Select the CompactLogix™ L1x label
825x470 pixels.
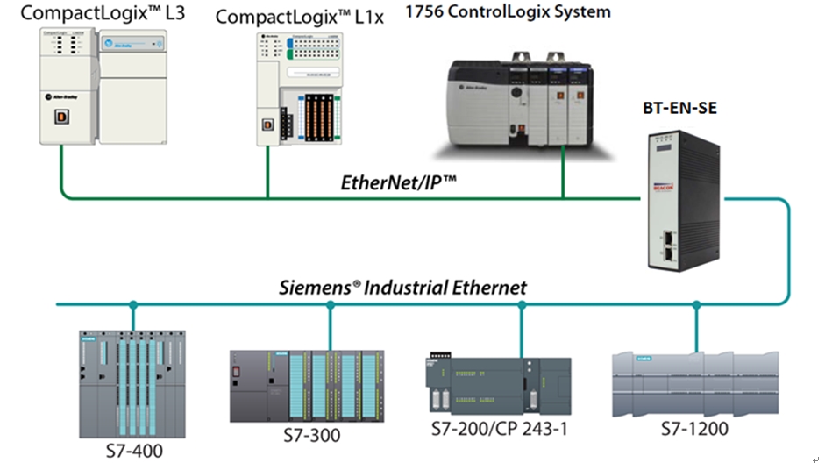coord(300,17)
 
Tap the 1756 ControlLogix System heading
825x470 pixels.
coord(508,11)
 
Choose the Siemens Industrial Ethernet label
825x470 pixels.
coord(402,287)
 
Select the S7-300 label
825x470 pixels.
coord(312,435)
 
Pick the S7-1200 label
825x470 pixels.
coord(695,430)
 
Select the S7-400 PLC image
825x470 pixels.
coord(132,384)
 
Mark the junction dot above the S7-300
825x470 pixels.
coord(331,305)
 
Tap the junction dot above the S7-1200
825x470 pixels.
coord(697,305)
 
